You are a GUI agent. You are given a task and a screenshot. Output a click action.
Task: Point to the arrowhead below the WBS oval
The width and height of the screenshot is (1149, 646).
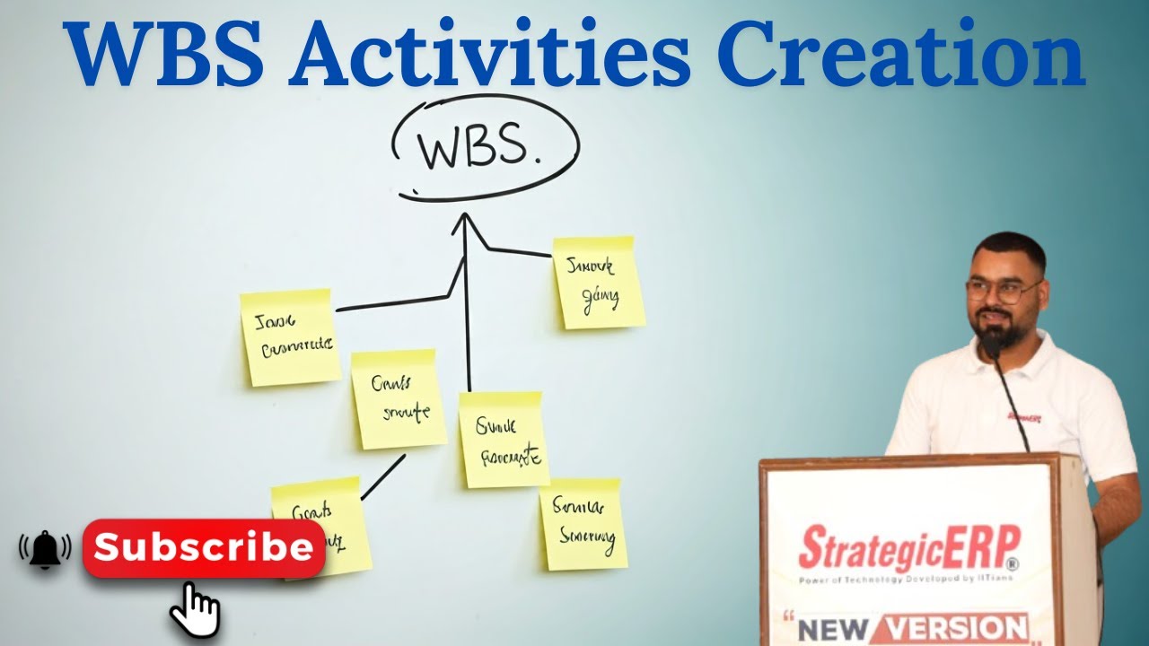pyautogui.click(x=464, y=222)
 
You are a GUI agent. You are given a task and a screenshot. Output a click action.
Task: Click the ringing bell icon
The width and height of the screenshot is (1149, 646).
pyautogui.click(x=45, y=549)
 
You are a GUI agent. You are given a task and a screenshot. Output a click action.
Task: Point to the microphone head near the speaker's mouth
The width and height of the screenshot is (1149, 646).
pyautogui.click(x=991, y=345)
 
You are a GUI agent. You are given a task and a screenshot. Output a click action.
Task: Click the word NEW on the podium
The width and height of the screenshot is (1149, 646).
pyautogui.click(x=832, y=629)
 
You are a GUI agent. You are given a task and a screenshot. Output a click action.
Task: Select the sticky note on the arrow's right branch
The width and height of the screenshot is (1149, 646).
pyautogui.click(x=598, y=283)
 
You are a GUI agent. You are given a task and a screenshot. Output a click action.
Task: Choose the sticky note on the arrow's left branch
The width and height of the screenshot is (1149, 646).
pyautogui.click(x=290, y=337)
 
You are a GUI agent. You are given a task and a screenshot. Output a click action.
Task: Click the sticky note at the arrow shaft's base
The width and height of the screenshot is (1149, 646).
pyautogui.click(x=503, y=440)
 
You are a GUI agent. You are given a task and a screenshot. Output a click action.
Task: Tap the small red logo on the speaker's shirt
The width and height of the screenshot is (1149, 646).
pyautogui.click(x=1023, y=418)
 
